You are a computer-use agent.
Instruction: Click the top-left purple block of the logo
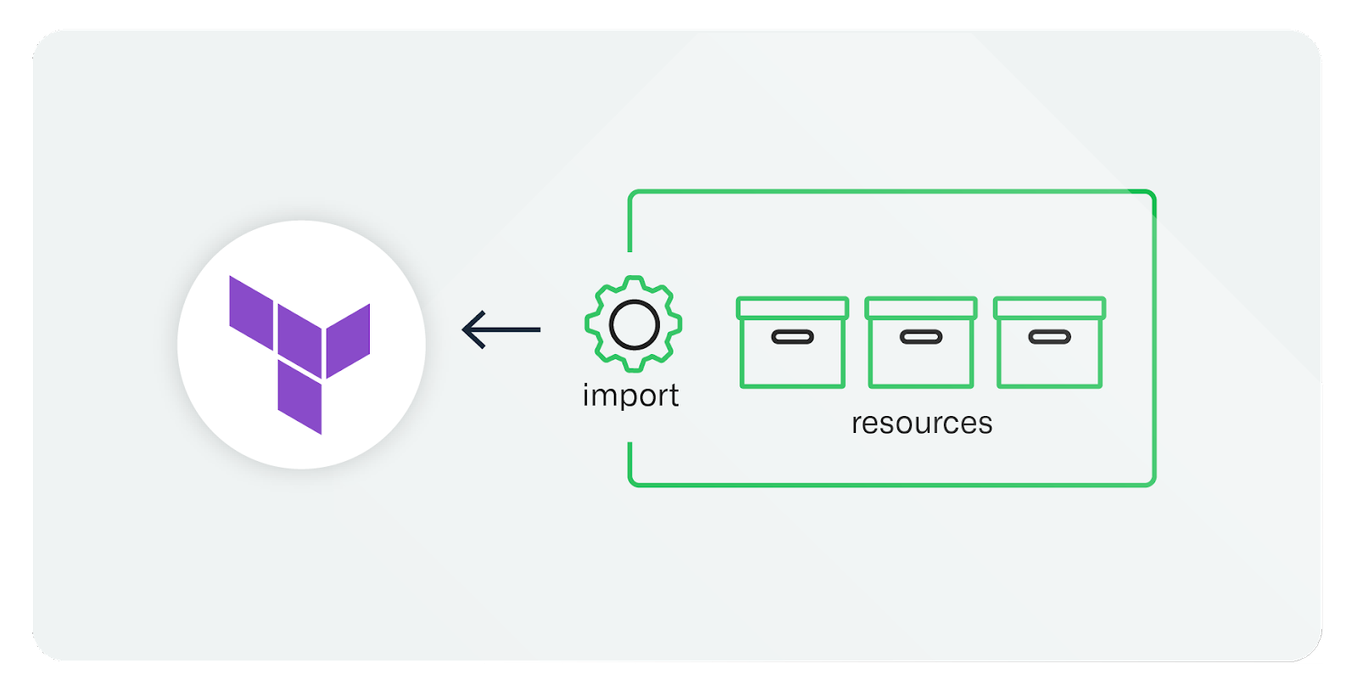251,312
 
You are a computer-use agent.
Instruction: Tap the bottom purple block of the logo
299,397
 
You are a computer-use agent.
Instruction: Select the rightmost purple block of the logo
349,340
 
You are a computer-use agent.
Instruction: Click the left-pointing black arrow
501,329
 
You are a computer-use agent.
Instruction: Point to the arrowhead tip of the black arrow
464,329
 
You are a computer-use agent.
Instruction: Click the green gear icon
634,323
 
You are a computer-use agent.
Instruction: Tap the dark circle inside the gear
634,324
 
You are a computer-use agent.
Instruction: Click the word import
630,396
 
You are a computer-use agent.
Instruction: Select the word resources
922,423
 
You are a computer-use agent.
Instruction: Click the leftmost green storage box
792,343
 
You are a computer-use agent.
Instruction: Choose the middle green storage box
921,343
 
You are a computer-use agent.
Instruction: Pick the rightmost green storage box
1050,343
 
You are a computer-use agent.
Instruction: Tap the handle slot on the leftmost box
792,337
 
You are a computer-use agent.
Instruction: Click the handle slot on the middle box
921,337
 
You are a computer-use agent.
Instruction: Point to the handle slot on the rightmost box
1050,337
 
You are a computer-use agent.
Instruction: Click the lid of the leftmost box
792,307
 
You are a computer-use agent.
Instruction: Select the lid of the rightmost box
1050,307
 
